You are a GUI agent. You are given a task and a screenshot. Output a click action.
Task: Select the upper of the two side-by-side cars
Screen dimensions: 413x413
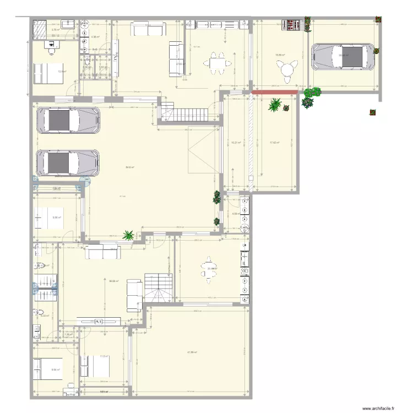[x=68, y=120]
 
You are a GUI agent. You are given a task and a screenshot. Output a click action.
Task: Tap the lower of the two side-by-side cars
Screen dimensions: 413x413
[x=68, y=163]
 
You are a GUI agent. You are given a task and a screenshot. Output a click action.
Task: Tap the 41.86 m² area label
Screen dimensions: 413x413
[x=192, y=352]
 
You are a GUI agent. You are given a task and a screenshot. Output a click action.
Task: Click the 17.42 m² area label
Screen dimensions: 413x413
[x=274, y=143]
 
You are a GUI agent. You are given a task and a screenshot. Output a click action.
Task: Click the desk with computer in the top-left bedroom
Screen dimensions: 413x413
[x=53, y=50]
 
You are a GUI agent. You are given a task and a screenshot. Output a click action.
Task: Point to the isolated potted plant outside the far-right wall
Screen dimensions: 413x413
[x=373, y=113]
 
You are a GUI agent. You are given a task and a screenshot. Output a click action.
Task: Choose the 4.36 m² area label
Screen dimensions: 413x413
[x=94, y=37]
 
